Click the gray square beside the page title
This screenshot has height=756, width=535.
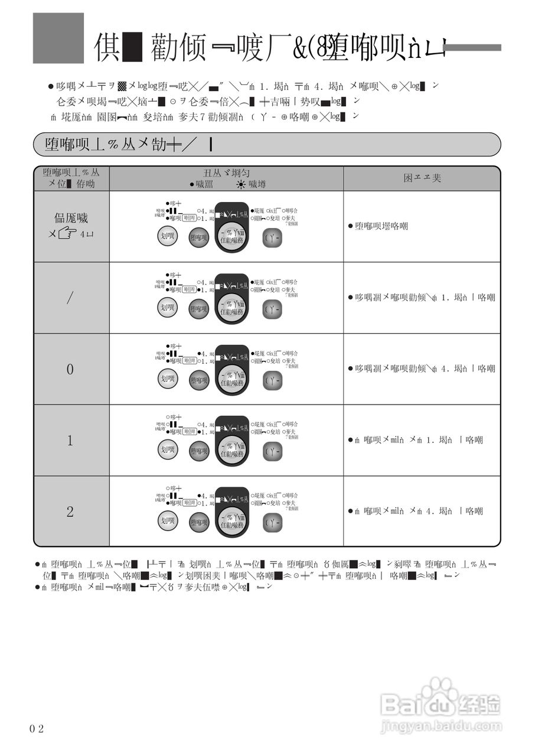(58, 38)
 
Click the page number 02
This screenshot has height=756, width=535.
(37, 728)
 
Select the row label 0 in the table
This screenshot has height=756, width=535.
(70, 370)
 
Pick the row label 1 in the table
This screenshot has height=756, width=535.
(70, 441)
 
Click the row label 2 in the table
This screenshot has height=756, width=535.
(70, 511)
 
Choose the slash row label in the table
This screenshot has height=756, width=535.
(70, 298)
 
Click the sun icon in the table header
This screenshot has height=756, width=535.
(240, 185)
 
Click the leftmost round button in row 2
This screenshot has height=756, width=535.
(168, 521)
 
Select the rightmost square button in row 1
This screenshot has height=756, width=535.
(272, 451)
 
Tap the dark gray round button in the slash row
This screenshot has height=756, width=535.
(199, 308)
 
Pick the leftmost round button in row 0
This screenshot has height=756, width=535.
(168, 379)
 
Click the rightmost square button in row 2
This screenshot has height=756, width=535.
(272, 522)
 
